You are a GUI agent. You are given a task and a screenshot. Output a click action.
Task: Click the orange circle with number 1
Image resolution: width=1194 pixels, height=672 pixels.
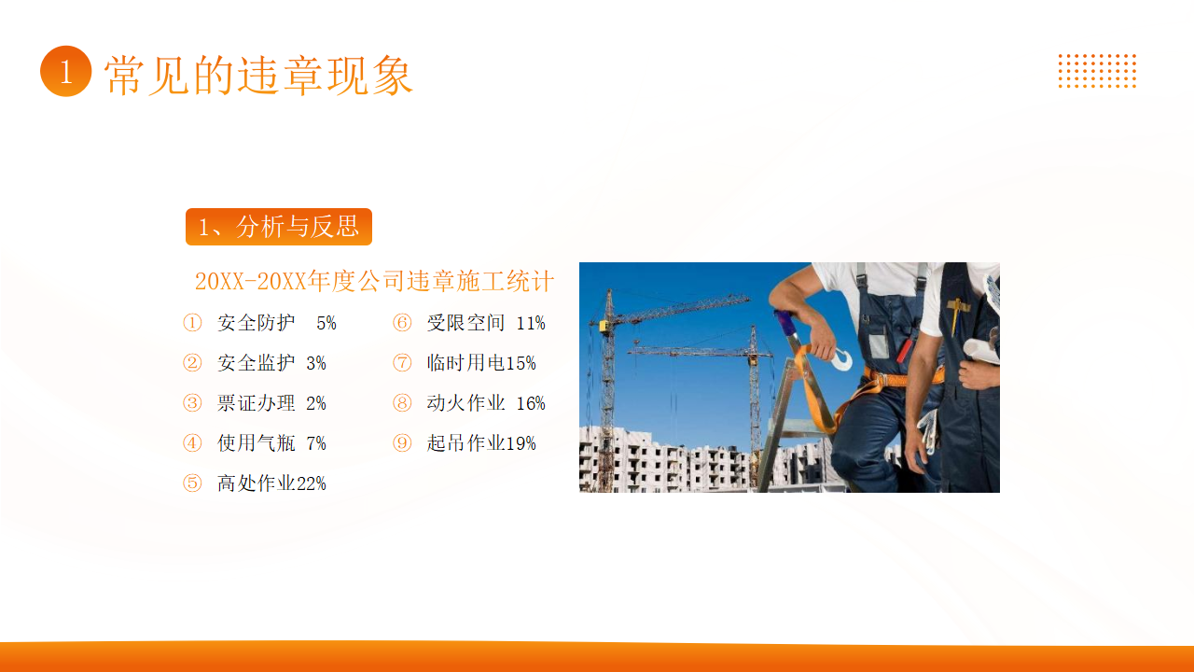pyautogui.click(x=66, y=71)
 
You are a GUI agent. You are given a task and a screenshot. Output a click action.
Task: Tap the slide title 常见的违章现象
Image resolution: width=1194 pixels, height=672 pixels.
pyautogui.click(x=258, y=76)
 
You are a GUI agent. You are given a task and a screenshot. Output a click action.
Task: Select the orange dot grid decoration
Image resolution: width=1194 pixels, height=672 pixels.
pyautogui.click(x=1097, y=71)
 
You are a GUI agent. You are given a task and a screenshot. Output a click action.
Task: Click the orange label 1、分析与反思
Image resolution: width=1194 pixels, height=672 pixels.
pyautogui.click(x=279, y=227)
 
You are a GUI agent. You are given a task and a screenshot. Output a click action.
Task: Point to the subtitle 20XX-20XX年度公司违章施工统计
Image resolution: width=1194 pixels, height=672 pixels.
pyautogui.click(x=374, y=281)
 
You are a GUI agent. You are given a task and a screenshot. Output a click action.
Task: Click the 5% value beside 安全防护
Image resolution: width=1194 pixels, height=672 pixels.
pyautogui.click(x=326, y=323)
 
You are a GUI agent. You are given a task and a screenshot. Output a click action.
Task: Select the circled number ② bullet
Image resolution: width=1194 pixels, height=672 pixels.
pyautogui.click(x=192, y=363)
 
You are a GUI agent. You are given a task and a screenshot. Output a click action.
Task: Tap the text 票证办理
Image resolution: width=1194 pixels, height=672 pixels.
pyautogui.click(x=256, y=403)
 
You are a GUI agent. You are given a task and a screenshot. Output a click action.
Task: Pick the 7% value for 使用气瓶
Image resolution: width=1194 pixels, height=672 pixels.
pyautogui.click(x=316, y=443)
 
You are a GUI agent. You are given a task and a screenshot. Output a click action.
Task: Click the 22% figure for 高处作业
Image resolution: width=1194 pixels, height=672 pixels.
pyautogui.click(x=311, y=483)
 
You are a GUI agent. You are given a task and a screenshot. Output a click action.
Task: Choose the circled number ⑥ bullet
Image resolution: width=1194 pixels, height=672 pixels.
pyautogui.click(x=402, y=323)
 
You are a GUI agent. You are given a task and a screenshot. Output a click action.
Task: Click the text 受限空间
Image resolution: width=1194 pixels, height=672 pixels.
pyautogui.click(x=465, y=323)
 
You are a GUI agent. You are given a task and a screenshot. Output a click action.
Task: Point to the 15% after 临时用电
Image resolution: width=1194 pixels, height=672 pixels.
pyautogui.click(x=521, y=363)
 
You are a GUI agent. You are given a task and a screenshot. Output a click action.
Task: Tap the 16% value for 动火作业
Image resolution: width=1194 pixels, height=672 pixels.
pyautogui.click(x=531, y=403)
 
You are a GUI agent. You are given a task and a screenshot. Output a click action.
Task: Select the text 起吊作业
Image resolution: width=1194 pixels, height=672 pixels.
pyautogui.click(x=465, y=443)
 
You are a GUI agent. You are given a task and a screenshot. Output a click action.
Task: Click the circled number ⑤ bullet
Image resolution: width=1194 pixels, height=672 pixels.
pyautogui.click(x=192, y=483)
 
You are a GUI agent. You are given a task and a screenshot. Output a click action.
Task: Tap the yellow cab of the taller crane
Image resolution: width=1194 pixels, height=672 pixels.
pyautogui.click(x=605, y=326)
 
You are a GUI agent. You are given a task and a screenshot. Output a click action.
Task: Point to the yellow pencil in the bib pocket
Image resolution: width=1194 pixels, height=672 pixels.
pyautogui.click(x=956, y=315)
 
